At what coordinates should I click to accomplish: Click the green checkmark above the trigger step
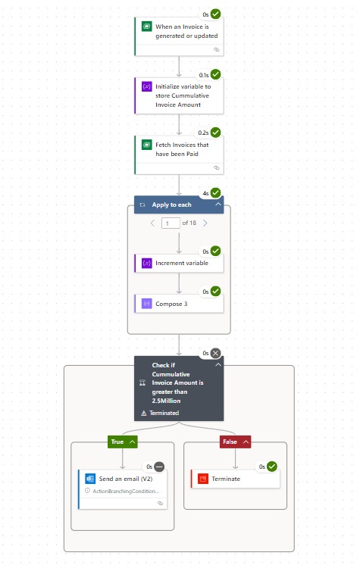pos(216,14)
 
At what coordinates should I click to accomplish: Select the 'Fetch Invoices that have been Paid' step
pos(179,155)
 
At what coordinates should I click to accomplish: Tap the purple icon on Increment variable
pos(147,263)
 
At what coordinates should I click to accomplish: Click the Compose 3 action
pos(179,304)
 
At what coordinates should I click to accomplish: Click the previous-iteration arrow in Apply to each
pos(152,223)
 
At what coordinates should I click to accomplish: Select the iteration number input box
pos(171,223)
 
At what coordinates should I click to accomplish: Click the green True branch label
pos(123,442)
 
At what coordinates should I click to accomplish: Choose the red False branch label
pos(235,442)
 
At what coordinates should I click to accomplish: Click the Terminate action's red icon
pos(203,479)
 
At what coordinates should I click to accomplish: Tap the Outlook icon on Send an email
pos(90,479)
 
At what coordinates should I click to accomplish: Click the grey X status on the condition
pos(216,353)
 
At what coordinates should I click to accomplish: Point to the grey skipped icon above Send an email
pos(159,467)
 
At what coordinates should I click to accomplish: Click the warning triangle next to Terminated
pos(143,414)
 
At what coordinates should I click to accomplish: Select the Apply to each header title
pos(172,204)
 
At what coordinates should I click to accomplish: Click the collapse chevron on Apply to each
pos(218,204)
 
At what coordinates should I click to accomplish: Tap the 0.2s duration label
pos(203,133)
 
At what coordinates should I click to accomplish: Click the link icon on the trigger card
pos(217,50)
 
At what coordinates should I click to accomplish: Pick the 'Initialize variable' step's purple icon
pos(147,86)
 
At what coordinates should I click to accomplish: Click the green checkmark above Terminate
pos(272,467)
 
